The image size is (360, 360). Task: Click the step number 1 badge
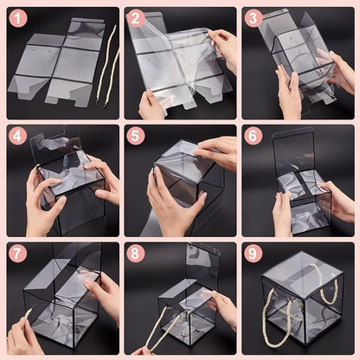pyautogui.click(x=20, y=19)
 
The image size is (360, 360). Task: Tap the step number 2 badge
pyautogui.click(x=136, y=19)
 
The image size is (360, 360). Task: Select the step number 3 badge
pyautogui.click(x=253, y=19)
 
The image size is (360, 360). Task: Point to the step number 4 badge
pyautogui.click(x=20, y=136)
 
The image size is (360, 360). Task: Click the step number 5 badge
pyautogui.click(x=136, y=136)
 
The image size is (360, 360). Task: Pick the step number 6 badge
pyautogui.click(x=253, y=136)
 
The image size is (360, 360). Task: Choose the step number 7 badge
pyautogui.click(x=20, y=254)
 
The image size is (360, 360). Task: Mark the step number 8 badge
pyautogui.click(x=136, y=254)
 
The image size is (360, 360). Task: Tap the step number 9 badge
pyautogui.click(x=253, y=254)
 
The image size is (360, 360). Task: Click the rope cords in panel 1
pyautogui.click(x=108, y=65)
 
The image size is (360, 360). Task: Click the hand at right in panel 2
pyautogui.click(x=224, y=48)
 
